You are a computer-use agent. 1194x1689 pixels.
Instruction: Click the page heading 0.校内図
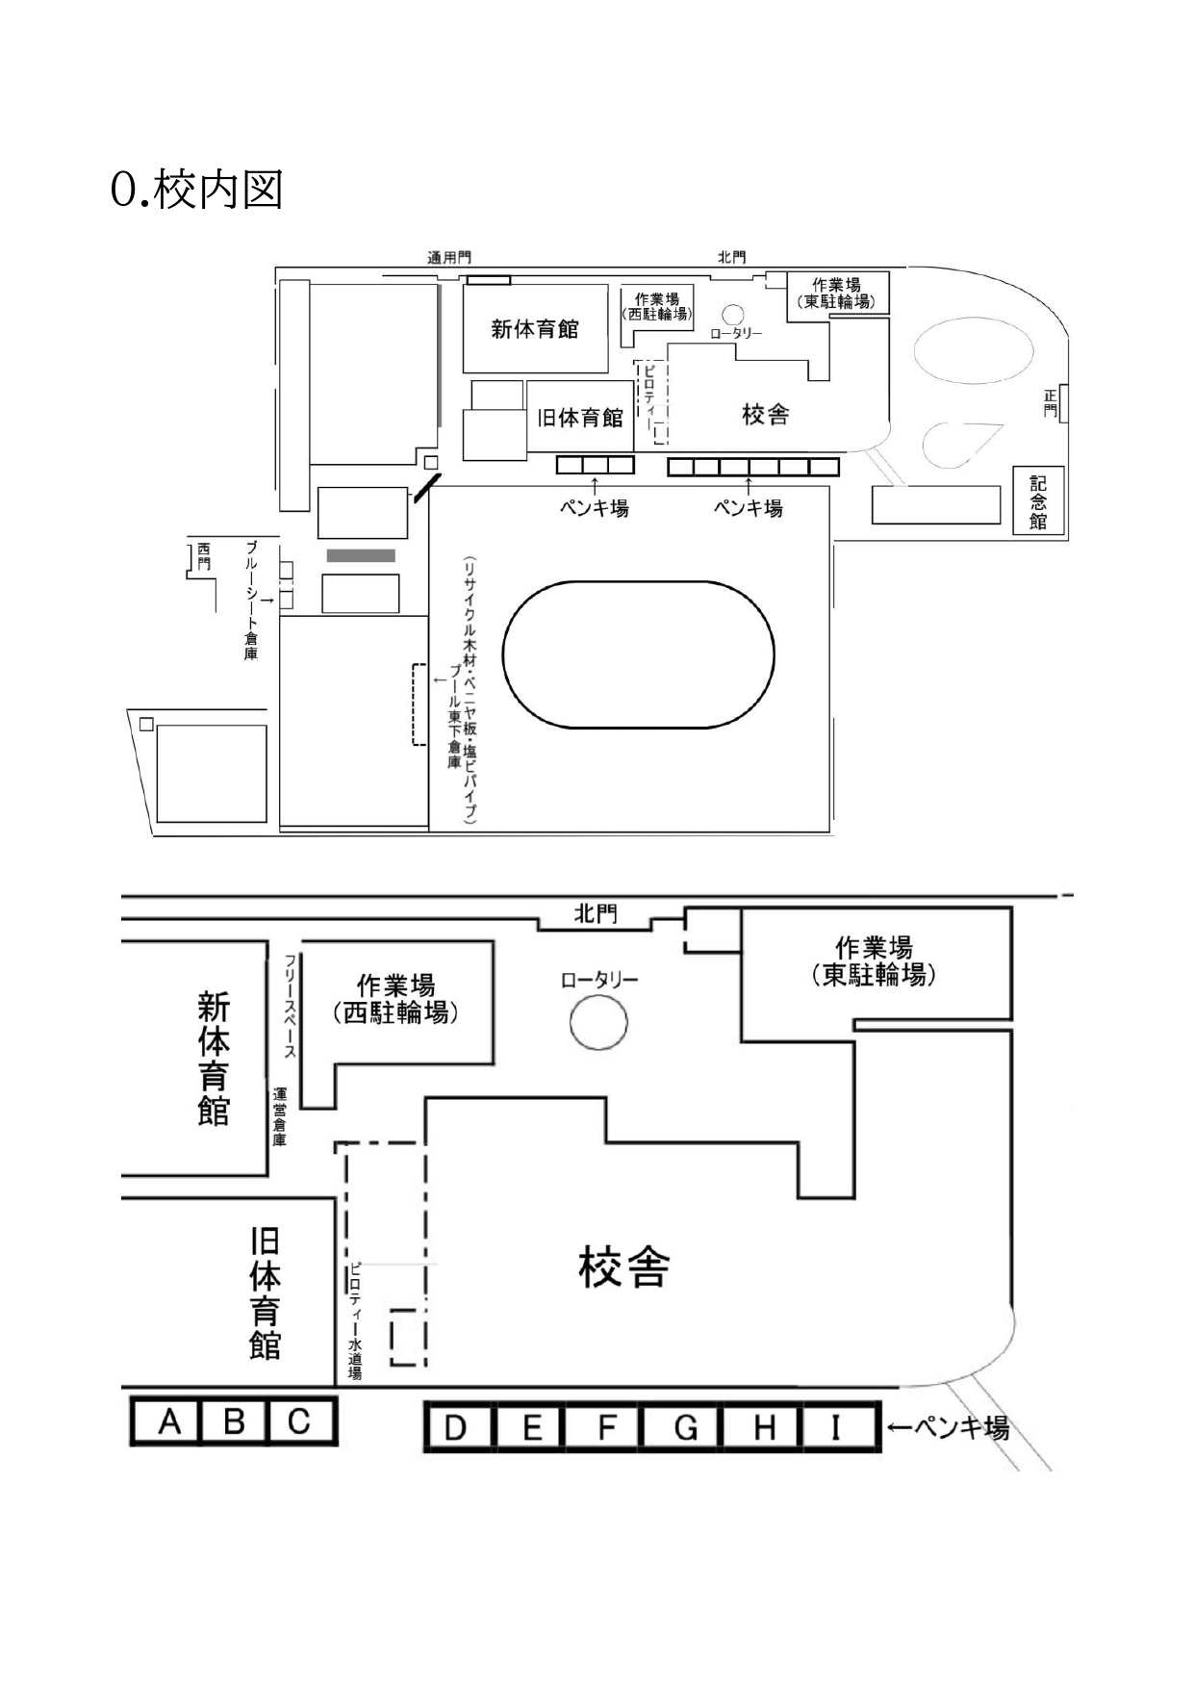[197, 190]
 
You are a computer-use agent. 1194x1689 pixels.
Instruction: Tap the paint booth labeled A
[166, 1421]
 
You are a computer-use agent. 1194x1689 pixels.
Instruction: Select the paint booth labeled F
[604, 1426]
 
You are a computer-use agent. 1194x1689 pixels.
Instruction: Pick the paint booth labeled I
[836, 1426]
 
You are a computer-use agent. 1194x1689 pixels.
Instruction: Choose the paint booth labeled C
[300, 1421]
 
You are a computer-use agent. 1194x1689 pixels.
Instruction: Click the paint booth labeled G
[684, 1426]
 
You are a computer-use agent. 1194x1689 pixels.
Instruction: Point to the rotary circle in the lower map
[598, 1021]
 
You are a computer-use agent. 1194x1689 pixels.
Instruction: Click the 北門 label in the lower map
[595, 913]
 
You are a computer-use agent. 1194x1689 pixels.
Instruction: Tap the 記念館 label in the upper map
[1038, 499]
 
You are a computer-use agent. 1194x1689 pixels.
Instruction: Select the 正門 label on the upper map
[1051, 403]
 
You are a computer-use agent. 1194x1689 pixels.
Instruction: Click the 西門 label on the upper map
[203, 557]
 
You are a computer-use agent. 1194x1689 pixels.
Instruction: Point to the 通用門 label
[449, 257]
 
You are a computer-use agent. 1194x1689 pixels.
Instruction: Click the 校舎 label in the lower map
[623, 1267]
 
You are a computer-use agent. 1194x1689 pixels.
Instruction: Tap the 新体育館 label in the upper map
[535, 329]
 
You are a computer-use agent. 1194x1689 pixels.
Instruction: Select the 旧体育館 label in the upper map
[580, 418]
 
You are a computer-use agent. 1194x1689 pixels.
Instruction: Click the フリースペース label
[290, 1006]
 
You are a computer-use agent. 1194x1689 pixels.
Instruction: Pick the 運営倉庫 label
[280, 1117]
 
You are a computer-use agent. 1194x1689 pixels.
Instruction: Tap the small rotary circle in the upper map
[733, 315]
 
